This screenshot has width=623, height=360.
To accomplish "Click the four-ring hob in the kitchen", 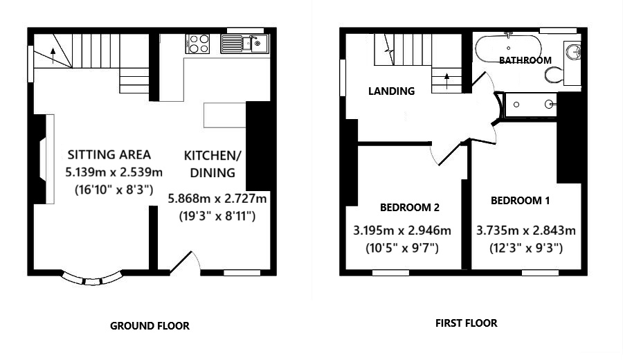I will pos(199,44).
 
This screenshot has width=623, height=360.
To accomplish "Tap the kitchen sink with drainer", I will pos(245,44).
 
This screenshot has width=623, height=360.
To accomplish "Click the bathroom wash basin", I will pos(573,50).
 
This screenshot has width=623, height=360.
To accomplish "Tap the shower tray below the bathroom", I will pos(531,105).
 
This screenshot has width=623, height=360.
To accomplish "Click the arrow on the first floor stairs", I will pos(446,78).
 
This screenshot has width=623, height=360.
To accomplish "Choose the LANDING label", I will pos(391,91).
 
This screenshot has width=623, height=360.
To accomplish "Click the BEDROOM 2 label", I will pos(410,207).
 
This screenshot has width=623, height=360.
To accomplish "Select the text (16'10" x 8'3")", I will pos(114,189).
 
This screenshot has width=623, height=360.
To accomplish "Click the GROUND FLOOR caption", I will pos(150,325).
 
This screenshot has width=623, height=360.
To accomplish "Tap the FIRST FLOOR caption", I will pos(466,323).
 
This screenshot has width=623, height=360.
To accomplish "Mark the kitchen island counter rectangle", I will pos(224,115).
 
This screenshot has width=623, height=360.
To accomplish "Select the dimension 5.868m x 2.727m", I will pos(217,199).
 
